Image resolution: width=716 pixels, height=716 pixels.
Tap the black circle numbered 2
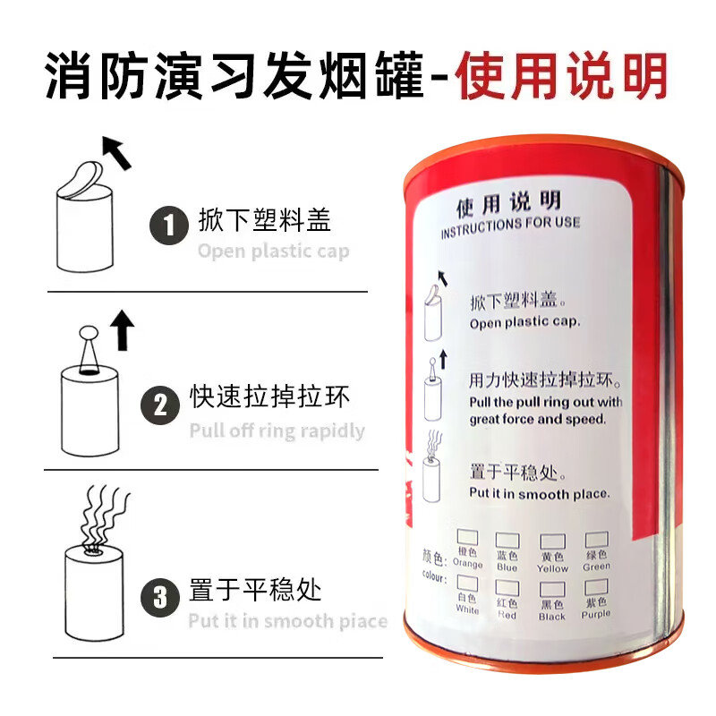point(161,405)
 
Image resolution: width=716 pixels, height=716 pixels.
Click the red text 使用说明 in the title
point(562,76)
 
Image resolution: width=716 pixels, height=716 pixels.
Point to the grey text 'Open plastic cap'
point(274,251)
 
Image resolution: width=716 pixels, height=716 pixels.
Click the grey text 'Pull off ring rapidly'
point(277,430)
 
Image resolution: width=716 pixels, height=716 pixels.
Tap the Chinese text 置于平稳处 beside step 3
point(255,591)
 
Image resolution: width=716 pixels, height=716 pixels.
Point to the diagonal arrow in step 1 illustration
point(115,153)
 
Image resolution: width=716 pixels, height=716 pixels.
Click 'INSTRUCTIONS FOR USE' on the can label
point(510,226)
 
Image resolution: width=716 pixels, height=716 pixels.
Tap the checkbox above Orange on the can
point(467,537)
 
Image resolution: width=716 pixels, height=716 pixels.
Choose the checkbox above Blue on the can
point(507,540)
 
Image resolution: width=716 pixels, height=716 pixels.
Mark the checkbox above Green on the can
point(596,539)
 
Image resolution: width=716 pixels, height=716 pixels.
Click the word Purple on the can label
point(595,613)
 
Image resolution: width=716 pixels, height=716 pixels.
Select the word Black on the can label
point(552,616)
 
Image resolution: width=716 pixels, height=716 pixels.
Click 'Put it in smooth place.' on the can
point(540,493)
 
